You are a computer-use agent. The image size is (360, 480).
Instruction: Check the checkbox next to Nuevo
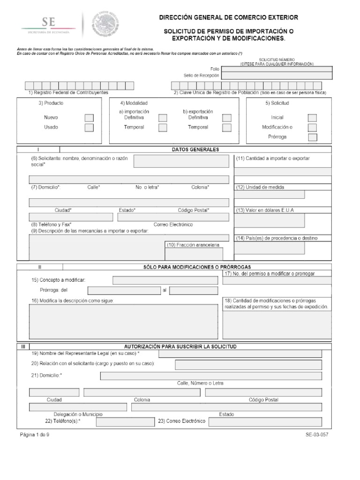pos(89,118)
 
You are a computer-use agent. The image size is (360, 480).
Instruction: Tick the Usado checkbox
pos(89,127)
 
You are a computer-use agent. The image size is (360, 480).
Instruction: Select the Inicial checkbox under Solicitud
pos(312,118)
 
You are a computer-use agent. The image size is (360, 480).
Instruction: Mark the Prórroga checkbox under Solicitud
pos(312,137)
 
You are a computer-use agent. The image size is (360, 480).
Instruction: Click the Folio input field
pos(277,68)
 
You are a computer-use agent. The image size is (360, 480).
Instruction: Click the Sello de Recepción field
pos(277,75)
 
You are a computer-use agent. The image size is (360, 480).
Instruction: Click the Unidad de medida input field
pos(270,195)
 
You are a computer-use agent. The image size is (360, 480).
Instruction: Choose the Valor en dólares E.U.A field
pos(270,220)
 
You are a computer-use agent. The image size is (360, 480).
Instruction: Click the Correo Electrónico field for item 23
pos(265,421)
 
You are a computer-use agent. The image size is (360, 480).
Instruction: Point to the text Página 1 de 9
pos(35,435)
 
